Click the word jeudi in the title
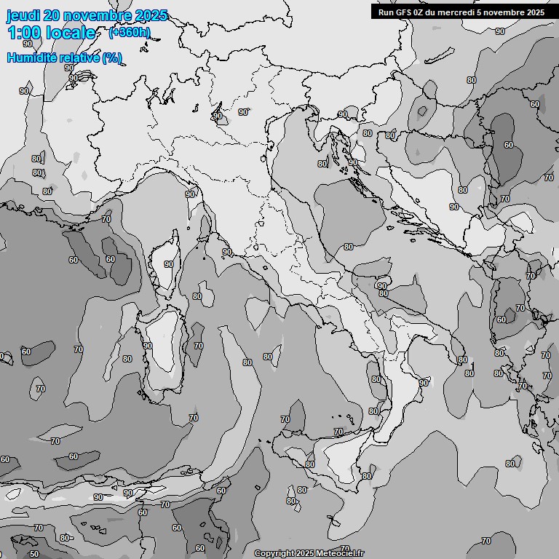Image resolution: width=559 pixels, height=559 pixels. [x=23, y=15]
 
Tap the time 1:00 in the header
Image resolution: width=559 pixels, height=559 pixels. [x=24, y=33]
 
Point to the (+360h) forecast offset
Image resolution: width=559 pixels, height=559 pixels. [x=130, y=32]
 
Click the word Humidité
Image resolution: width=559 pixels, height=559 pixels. [x=31, y=58]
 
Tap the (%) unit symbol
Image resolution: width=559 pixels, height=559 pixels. [x=111, y=58]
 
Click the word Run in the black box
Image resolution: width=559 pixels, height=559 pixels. [x=386, y=12]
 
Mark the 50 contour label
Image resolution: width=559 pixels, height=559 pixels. [x=33, y=554]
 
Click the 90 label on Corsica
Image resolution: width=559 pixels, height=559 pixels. [x=169, y=264]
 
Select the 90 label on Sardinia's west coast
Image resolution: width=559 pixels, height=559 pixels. [x=147, y=346]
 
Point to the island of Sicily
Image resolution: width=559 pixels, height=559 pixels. [x=342, y=459]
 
